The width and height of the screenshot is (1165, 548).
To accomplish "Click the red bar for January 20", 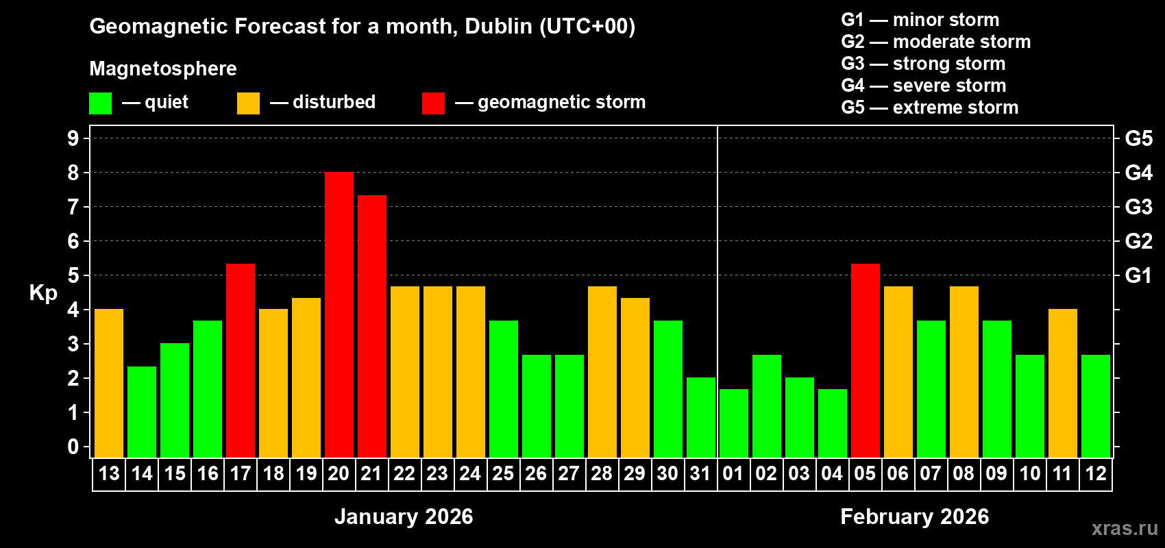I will click(x=339, y=315).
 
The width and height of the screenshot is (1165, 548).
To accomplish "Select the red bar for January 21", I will click(x=371, y=327).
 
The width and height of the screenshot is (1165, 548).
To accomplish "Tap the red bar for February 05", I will click(x=865, y=361).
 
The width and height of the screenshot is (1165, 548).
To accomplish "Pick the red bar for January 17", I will click(x=240, y=361).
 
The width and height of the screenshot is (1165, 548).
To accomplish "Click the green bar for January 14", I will click(x=141, y=412).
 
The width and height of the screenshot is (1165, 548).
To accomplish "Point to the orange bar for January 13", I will click(x=108, y=384).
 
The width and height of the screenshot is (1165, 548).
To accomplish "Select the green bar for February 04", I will click(x=832, y=423).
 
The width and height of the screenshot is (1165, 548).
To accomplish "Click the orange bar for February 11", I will click(x=1062, y=384).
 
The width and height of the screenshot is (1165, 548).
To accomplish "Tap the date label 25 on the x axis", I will click(x=503, y=473).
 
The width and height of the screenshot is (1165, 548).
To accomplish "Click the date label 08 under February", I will click(x=964, y=473).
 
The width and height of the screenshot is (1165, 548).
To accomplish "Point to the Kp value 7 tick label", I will click(x=73, y=207).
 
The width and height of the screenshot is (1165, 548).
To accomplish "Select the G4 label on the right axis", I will click(x=1138, y=173).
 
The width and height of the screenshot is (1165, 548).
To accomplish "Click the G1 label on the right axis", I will click(x=1138, y=275).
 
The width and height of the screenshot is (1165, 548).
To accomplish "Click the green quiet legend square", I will click(x=100, y=103).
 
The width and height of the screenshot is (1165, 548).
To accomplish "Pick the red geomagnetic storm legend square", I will click(x=433, y=103).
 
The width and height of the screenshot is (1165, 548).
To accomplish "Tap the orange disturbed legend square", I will click(x=248, y=103).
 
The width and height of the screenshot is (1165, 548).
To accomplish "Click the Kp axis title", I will click(x=43, y=293).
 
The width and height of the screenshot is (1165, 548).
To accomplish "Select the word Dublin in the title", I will click(x=498, y=26).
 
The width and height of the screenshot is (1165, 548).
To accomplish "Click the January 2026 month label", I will click(x=404, y=516).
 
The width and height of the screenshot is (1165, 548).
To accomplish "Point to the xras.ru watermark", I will click(x=1125, y=528).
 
